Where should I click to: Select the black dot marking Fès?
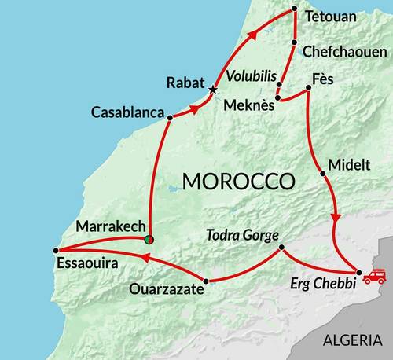pos(308,86)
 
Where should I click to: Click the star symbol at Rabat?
pos(213,90)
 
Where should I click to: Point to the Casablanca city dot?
pos(169,118)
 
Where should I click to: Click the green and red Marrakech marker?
pos(150,239)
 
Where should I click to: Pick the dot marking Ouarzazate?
pos(206,281)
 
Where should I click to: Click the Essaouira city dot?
pos(55,251)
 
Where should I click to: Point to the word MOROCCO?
pos(237,181)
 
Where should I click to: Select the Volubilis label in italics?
pos(251,79)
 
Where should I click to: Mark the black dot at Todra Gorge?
pos(281,249)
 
